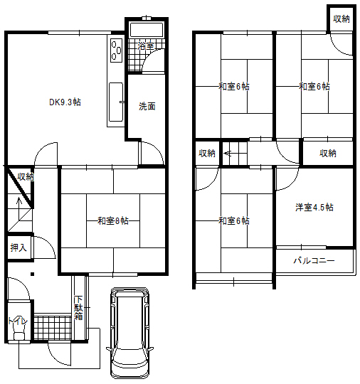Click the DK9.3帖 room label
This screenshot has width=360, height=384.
[x=65, y=102]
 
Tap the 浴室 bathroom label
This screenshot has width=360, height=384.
[x=146, y=46]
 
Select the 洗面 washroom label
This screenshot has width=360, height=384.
[x=147, y=106]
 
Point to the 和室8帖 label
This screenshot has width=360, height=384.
[x=113, y=220]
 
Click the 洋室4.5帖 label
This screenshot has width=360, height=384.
[x=314, y=207]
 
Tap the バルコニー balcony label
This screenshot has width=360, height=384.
[x=314, y=260]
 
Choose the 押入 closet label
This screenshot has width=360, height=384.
[x=18, y=247]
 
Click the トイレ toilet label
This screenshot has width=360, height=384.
[x=18, y=321]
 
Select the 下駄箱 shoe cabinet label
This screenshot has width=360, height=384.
[x=78, y=308]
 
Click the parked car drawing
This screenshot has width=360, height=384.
[x=129, y=333]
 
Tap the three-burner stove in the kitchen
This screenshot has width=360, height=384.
[x=116, y=50]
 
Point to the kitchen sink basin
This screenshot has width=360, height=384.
[x=116, y=102]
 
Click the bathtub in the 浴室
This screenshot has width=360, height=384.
[x=147, y=30]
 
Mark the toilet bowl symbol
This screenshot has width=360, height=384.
[x=19, y=334]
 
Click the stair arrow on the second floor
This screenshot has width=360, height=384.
[x=227, y=154]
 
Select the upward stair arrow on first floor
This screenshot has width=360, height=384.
[x=19, y=205]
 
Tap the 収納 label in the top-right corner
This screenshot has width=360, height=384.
[x=341, y=18]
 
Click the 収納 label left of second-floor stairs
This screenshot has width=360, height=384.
[x=207, y=153]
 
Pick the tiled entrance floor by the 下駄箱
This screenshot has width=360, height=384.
[x=53, y=327]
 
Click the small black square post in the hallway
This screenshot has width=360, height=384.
[x=32, y=274]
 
